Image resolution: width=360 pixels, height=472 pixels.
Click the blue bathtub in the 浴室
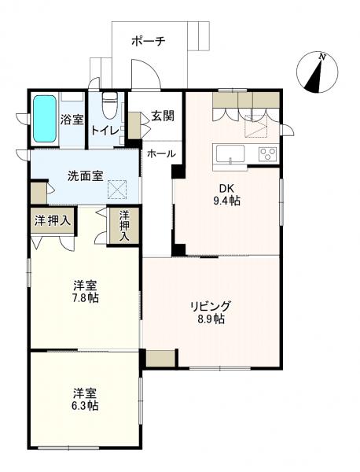tap(45, 119)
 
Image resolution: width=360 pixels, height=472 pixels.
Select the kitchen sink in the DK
tap(229, 154)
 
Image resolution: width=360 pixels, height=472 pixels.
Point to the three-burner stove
tap(267, 154)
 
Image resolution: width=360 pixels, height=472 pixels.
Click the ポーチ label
tap(149, 41)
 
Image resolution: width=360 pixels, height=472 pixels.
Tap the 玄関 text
tap(163, 116)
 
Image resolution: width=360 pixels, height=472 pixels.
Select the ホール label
tap(161, 154)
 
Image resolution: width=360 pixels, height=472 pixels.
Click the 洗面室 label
tap(86, 176)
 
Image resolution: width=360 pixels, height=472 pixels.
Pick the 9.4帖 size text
tap(226, 201)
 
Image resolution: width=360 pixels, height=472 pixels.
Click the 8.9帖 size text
tap(211, 319)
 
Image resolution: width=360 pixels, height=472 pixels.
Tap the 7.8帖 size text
tap(85, 298)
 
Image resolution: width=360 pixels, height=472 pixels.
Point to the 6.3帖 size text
tap(85, 406)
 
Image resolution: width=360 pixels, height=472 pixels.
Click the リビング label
tap(211, 306)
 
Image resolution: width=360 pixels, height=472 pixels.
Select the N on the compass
tap(322, 57)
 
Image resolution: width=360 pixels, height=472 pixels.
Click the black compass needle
tap(314, 77)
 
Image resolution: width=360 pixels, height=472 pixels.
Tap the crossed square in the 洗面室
tap(116, 190)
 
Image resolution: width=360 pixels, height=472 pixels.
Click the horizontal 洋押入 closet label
tap(53, 221)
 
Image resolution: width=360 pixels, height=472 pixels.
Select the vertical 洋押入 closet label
tap(124, 226)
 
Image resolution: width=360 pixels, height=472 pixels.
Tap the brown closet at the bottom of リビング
tap(160, 358)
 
